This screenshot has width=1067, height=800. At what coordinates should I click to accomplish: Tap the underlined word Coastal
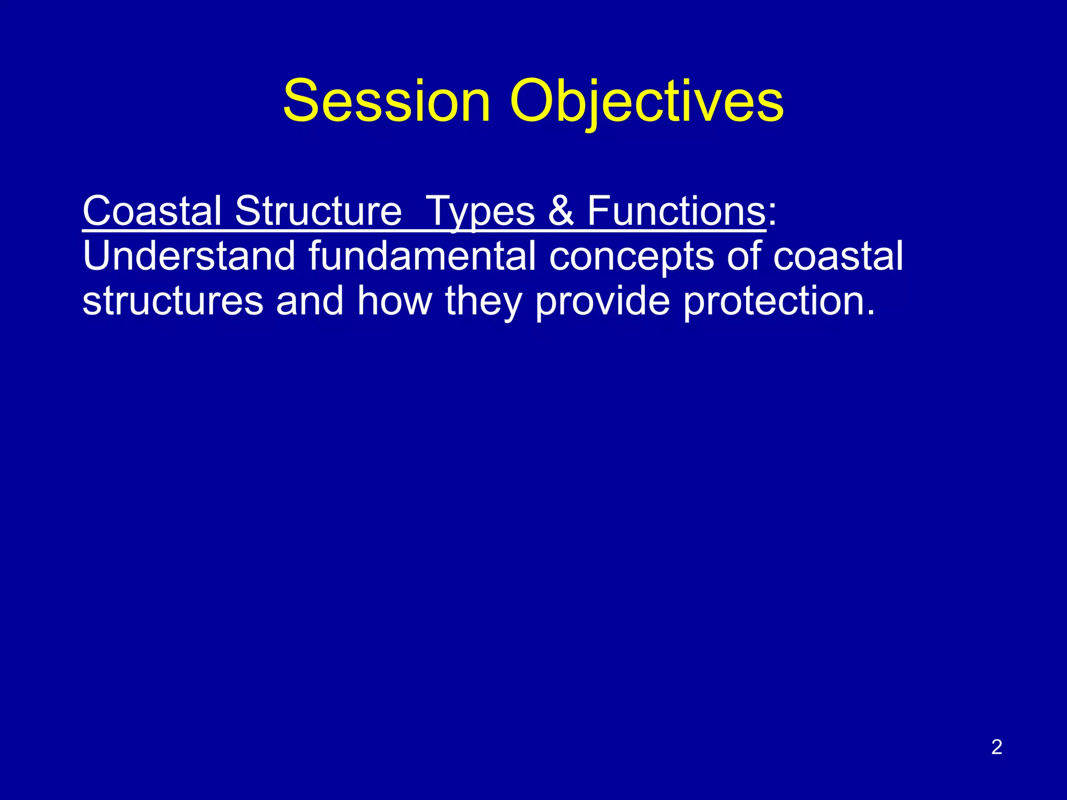(x=152, y=211)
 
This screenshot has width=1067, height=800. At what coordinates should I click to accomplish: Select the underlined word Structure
(x=318, y=211)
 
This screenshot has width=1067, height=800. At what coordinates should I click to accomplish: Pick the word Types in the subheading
(x=480, y=211)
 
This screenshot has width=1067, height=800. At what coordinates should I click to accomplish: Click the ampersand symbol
(x=561, y=211)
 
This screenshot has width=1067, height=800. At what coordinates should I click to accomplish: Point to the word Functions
(x=676, y=211)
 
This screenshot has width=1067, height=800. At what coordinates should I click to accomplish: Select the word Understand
(x=189, y=256)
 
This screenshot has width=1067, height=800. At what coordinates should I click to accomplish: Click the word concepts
(x=631, y=256)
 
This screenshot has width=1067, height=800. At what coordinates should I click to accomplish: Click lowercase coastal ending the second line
(x=838, y=256)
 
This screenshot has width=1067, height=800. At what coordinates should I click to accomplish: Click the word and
(x=309, y=301)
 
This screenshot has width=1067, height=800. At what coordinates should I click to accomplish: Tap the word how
(x=394, y=301)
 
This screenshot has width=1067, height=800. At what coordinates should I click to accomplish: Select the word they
(x=483, y=301)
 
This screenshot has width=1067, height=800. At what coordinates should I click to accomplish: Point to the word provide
(x=602, y=301)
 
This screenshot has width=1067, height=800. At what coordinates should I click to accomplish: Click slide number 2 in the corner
(x=997, y=747)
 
